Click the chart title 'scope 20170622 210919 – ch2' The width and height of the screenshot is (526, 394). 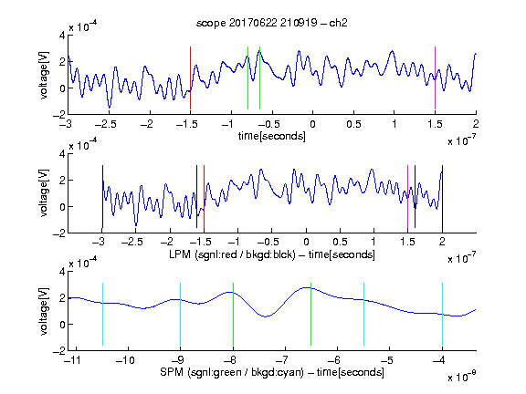pos(272,23)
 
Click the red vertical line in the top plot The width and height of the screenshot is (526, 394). pos(190,78)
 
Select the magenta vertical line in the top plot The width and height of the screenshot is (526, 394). pos(435,78)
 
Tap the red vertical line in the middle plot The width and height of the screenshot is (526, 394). pos(204,197)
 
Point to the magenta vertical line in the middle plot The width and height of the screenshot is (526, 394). pos(407,197)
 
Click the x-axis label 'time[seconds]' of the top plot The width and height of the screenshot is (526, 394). pos(272,136)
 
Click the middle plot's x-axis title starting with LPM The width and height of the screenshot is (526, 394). pos(272,254)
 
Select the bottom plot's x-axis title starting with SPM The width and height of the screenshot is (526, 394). pos(272,372)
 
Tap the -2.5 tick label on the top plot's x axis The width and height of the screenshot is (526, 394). pos(106,125)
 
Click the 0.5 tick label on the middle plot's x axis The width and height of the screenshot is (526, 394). pos(340,243)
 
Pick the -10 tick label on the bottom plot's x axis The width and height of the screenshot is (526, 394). pos(125,360)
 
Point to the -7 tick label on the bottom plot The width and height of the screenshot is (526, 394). pos(282,360)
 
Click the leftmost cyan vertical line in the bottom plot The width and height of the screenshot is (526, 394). pos(102,315)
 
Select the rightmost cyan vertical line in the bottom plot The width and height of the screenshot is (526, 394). pos(443,315)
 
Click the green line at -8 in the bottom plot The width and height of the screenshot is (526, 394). pos(233,315)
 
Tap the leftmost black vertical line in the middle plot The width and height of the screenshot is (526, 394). pos(102,197)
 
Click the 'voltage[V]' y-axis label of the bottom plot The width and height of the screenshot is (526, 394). pos(44,311)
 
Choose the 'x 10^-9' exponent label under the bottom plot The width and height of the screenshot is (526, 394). pos(461,377)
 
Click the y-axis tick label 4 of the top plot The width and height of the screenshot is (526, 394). pos(62,36)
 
